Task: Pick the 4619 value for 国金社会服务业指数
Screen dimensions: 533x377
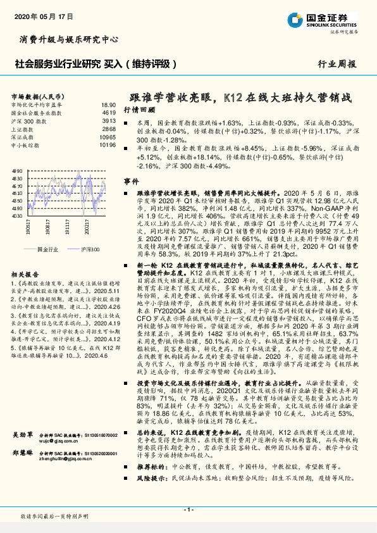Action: click(x=108, y=112)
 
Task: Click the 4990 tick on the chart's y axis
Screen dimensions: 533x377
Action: click(x=18, y=171)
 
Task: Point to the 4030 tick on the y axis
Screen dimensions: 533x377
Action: click(x=18, y=215)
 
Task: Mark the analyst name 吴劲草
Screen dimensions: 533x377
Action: click(x=23, y=454)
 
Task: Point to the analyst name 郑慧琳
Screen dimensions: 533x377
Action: click(x=23, y=471)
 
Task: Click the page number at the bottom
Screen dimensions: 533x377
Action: click(x=188, y=509)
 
